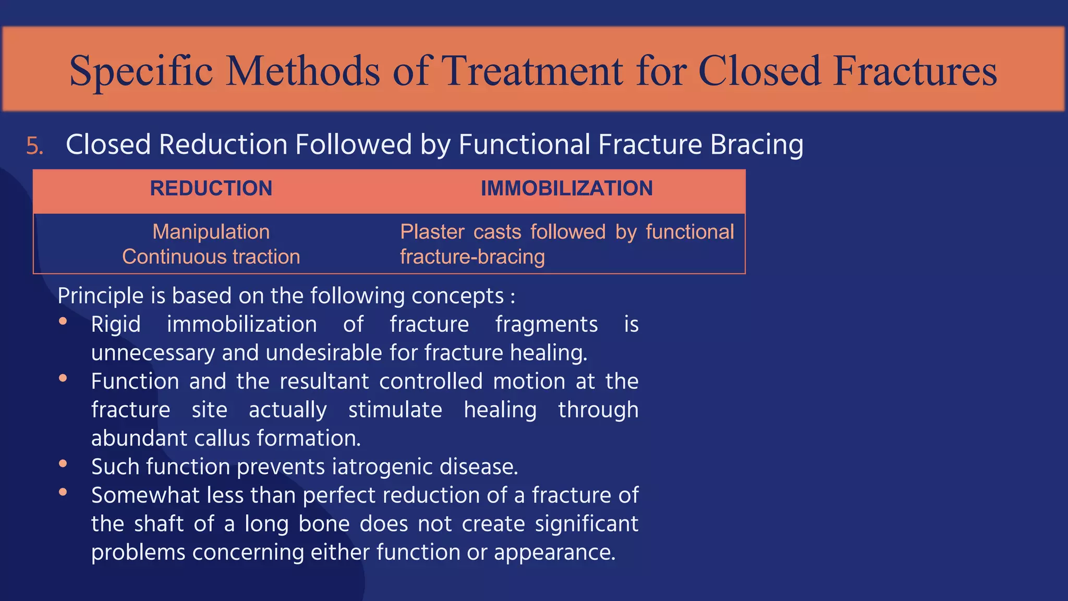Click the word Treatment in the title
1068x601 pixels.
[532, 71]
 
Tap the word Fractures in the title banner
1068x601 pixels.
[915, 71]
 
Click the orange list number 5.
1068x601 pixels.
[34, 146]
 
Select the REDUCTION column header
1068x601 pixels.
[211, 188]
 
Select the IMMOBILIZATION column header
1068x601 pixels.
[566, 188]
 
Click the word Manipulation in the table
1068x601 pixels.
[211, 232]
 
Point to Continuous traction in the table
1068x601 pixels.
[211, 257]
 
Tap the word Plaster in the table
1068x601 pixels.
[432, 232]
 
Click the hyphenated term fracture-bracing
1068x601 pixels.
[472, 257]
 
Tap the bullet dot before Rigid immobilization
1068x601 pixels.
[63, 321]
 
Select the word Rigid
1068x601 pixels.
[116, 325]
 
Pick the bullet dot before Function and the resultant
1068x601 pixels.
[63, 378]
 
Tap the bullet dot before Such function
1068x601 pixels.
[63, 463]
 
